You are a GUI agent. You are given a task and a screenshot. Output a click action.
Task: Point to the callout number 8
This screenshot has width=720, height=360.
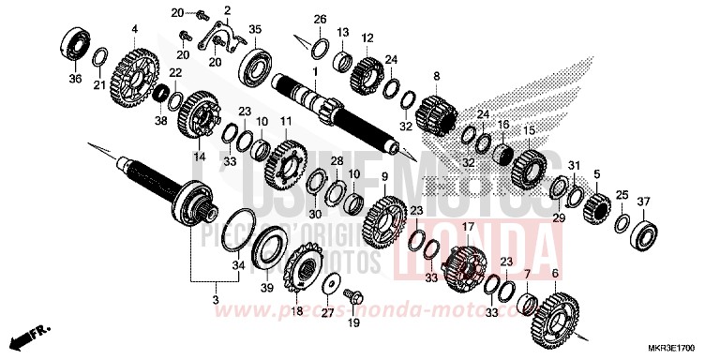(x=436, y=75)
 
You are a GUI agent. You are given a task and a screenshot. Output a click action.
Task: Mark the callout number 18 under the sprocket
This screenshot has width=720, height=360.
(x=297, y=312)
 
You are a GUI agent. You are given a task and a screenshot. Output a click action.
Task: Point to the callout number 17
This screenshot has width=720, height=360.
(x=467, y=227)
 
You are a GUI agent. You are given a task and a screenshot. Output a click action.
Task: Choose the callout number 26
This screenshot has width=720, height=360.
(x=320, y=20)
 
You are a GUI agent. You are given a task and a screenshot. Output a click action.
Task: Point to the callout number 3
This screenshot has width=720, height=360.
(x=217, y=300)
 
